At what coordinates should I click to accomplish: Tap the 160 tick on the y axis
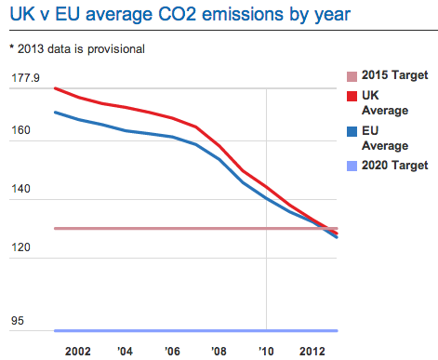tap(21, 131)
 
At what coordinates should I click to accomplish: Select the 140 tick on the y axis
tap(21, 189)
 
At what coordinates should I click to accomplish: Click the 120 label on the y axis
tap(21, 247)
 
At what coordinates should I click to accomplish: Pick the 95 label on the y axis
tap(19, 322)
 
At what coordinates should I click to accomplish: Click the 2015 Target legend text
tap(394, 75)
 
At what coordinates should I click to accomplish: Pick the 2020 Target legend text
tap(394, 167)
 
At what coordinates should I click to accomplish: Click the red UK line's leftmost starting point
tap(56, 88)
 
